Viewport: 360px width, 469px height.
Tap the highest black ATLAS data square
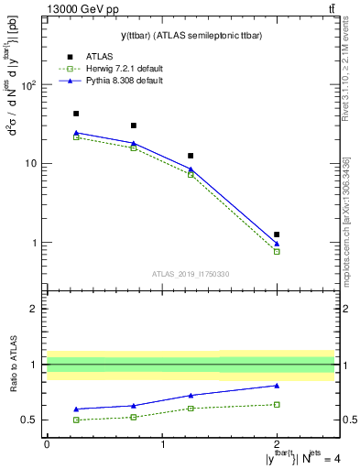pyautogui.click(x=76, y=114)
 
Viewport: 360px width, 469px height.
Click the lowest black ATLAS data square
pyautogui.click(x=277, y=234)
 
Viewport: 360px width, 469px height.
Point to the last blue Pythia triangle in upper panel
pyautogui.click(x=277, y=244)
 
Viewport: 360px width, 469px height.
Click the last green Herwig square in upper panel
pyautogui.click(x=277, y=251)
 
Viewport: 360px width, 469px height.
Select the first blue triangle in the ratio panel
pyautogui.click(x=76, y=409)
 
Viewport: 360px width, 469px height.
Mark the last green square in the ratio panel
pyautogui.click(x=277, y=404)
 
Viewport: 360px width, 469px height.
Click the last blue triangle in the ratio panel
pyautogui.click(x=277, y=385)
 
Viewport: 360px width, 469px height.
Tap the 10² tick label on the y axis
pyautogui.click(x=28, y=85)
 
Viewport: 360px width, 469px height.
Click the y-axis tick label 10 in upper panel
pyautogui.click(x=30, y=164)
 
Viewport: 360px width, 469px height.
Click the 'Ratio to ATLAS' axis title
pyautogui.click(x=13, y=367)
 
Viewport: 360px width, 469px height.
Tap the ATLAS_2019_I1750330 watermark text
pyautogui.click(x=191, y=274)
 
